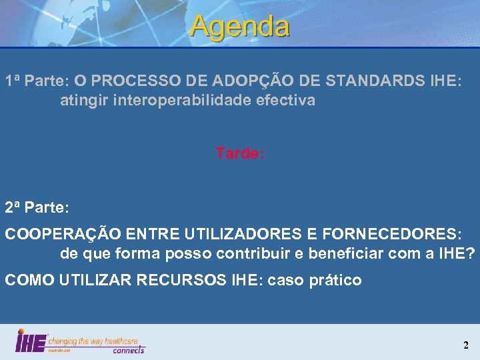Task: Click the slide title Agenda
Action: click(240, 27)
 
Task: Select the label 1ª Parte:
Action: click(37, 81)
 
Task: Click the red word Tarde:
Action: click(240, 153)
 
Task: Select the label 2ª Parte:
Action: click(37, 207)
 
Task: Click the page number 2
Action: click(466, 345)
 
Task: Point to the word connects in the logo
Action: click(128, 349)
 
